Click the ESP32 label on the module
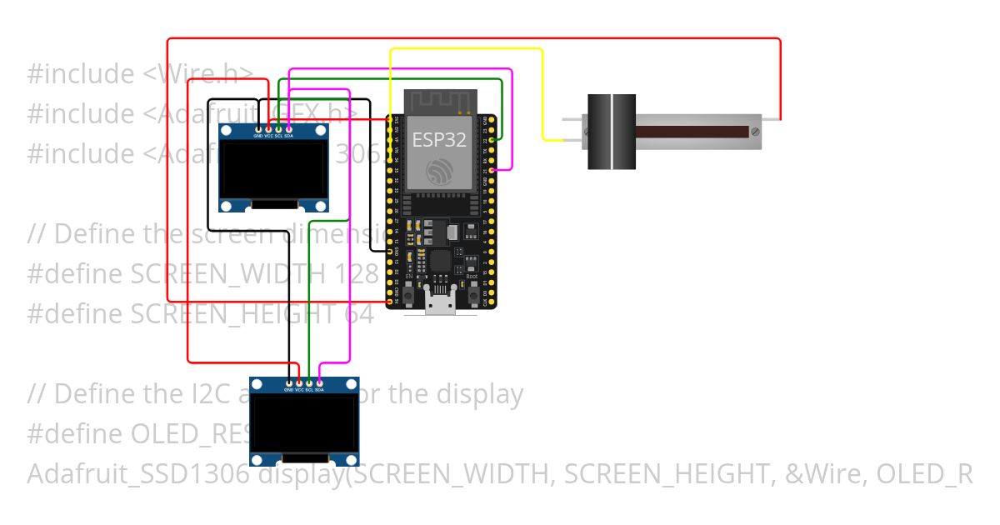pos(439,139)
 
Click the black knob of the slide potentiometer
pos(612,132)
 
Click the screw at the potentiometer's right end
pos(755,132)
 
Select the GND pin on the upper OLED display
pos(258,129)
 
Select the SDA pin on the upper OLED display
pos(288,129)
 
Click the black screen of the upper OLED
pos(273,170)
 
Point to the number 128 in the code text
pos(357,273)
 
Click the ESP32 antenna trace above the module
pos(440,102)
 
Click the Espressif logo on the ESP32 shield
pos(439,172)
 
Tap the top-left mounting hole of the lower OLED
pos(257,384)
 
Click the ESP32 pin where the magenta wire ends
pos(493,170)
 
